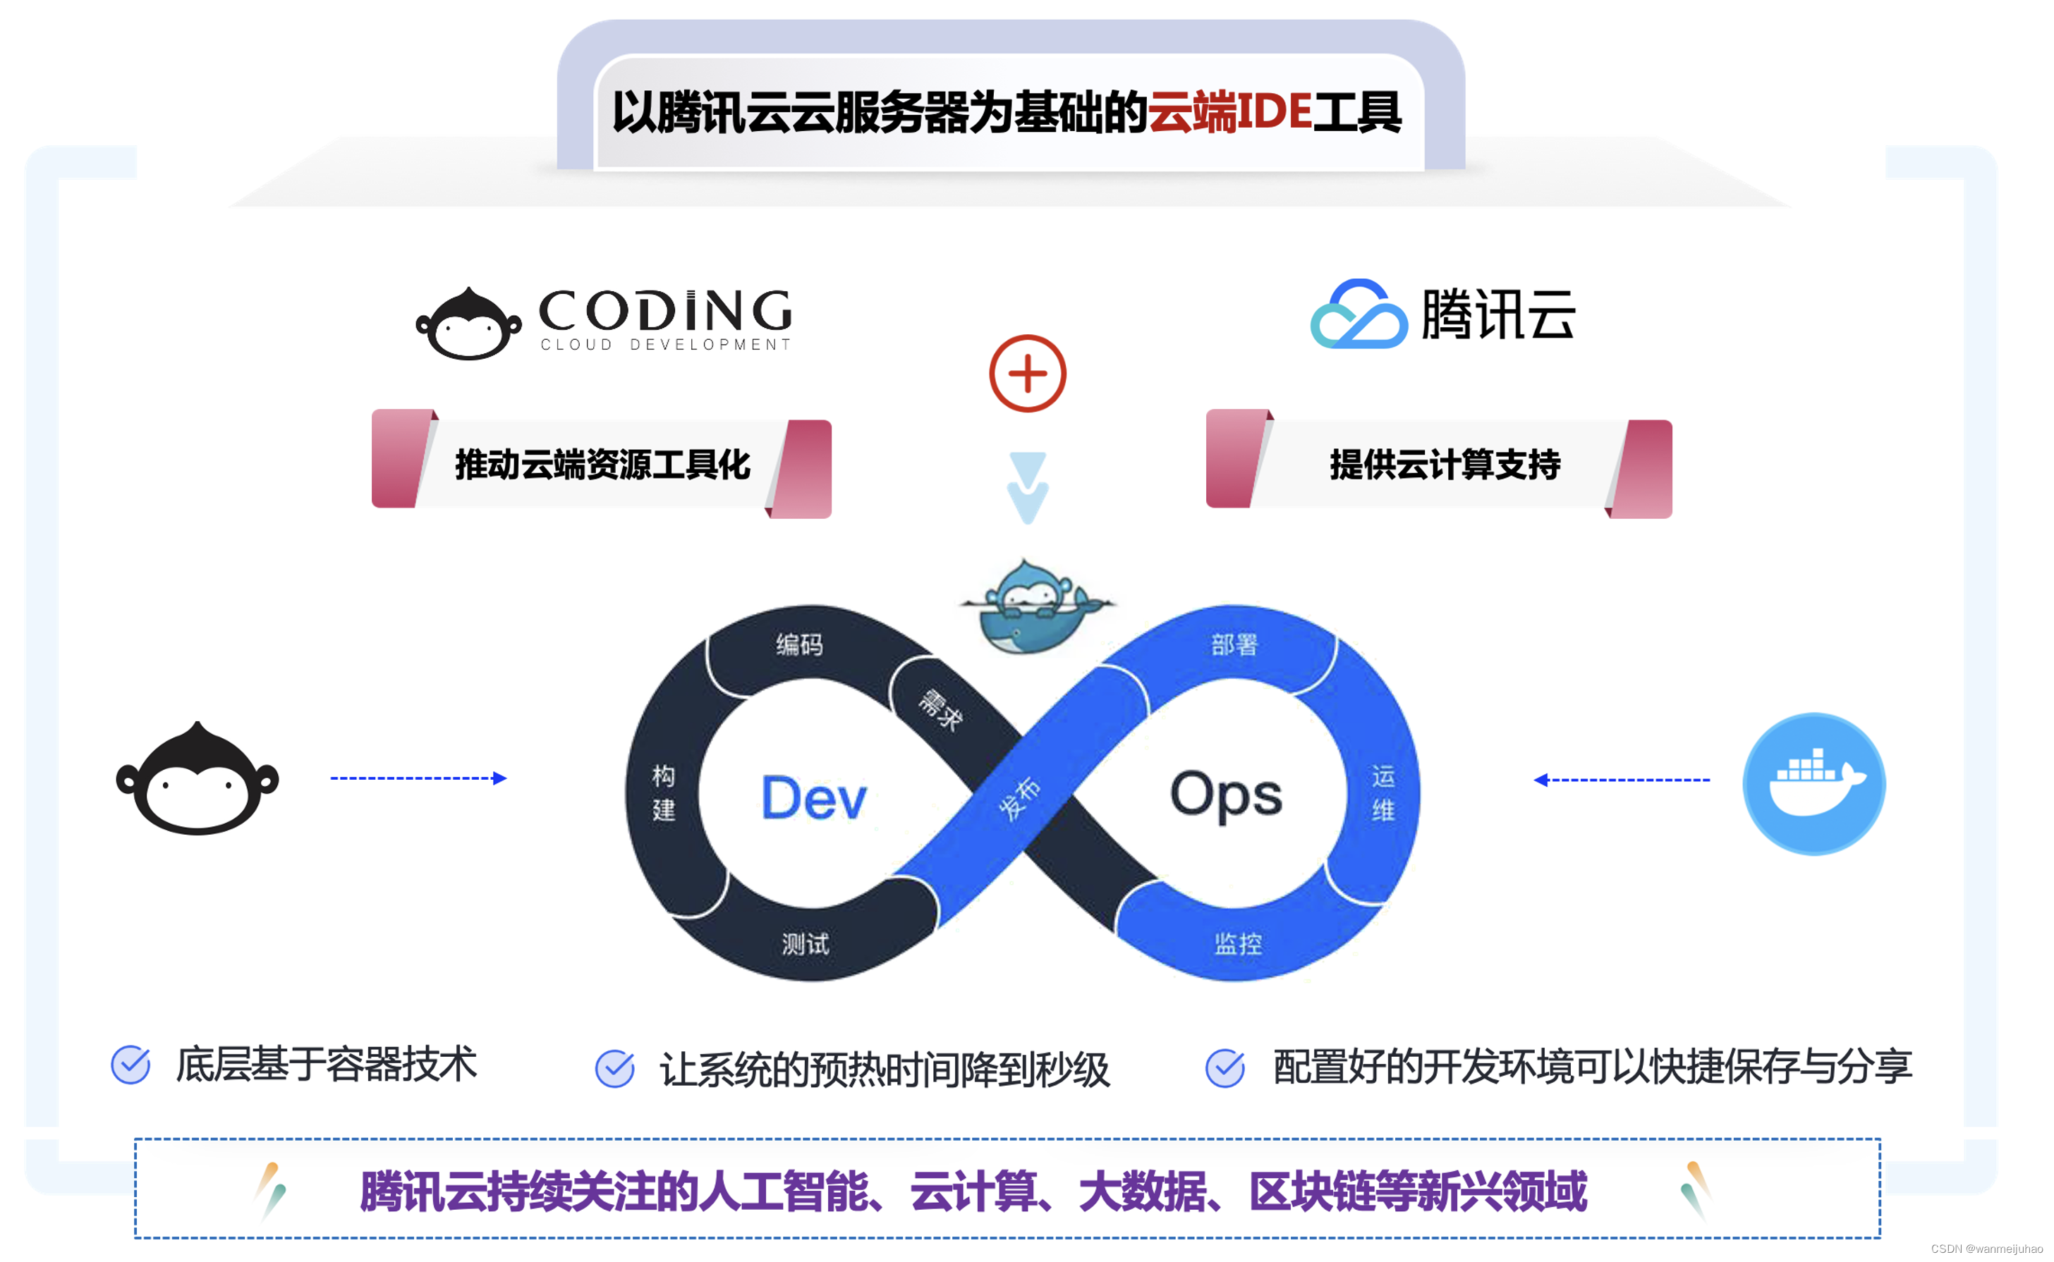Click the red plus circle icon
[1027, 373]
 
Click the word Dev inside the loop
[814, 798]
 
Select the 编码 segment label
[799, 644]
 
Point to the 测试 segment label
[805, 944]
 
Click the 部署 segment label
[1234, 644]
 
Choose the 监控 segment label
[1237, 944]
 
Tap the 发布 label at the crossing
[1019, 798]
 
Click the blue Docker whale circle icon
[1813, 784]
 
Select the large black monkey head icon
[197, 780]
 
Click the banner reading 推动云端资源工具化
[601, 465]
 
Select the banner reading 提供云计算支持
[1444, 465]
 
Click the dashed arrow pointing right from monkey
[418, 778]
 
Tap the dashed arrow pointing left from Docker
[1621, 780]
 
